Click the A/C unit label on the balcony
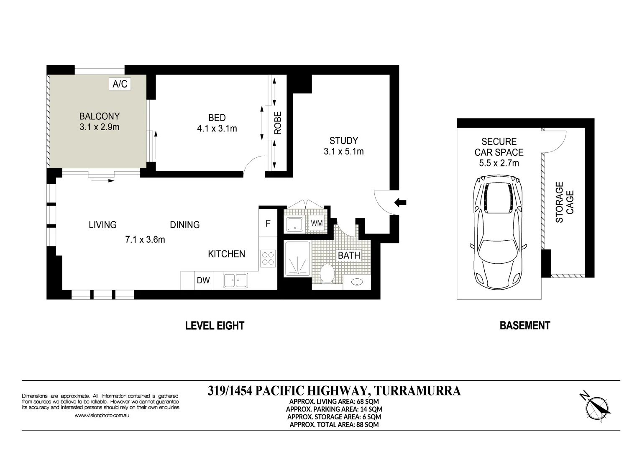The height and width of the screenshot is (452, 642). [120, 84]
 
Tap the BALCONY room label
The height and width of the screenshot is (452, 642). [100, 116]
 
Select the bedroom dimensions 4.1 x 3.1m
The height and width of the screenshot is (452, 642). [217, 129]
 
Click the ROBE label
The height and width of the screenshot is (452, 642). [278, 123]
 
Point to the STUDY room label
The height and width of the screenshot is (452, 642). [343, 141]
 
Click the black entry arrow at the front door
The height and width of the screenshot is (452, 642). [401, 203]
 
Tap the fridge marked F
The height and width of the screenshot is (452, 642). [268, 223]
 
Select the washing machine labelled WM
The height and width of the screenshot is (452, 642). [317, 223]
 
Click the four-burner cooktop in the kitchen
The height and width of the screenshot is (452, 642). [268, 258]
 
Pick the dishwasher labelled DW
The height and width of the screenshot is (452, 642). [203, 280]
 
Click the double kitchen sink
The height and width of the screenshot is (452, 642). [235, 280]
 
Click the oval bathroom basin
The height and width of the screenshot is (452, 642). [357, 282]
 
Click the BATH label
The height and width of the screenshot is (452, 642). [349, 255]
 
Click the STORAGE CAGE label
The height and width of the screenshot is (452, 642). [565, 202]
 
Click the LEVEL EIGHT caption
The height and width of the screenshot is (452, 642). [215, 326]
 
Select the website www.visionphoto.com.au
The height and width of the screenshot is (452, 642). [102, 416]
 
